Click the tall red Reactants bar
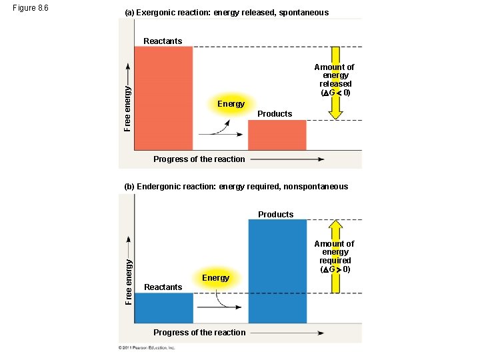tap(163, 98)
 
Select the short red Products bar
tap(277, 135)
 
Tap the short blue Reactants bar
tap(163, 307)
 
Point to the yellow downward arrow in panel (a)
tap(335, 107)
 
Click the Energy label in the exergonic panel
tap(231, 103)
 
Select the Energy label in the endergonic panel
tap(215, 277)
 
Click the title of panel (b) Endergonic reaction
tap(236, 187)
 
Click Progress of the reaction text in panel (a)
tap(199, 159)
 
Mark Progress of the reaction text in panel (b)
tap(199, 332)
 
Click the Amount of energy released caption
tap(335, 79)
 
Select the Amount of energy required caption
tap(335, 257)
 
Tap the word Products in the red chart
tap(275, 114)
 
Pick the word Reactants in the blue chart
tap(163, 287)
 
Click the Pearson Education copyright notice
tap(147, 348)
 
